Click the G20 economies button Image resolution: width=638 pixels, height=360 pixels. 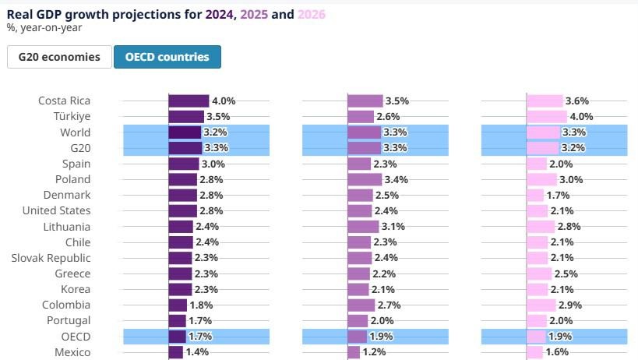click(x=59, y=57)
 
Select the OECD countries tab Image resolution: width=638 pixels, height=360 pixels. click(x=167, y=57)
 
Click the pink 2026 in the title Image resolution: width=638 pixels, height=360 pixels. click(x=312, y=14)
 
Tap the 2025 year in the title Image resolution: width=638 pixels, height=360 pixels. click(x=254, y=14)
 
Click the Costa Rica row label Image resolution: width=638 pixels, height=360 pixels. click(x=64, y=101)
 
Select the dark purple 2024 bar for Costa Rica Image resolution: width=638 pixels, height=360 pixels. click(x=189, y=101)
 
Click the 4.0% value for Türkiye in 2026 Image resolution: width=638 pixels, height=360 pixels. click(x=582, y=117)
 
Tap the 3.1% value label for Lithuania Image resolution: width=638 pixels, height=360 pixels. click(x=393, y=227)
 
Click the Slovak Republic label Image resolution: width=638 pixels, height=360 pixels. click(x=51, y=258)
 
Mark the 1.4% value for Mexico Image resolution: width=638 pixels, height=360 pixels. click(x=198, y=352)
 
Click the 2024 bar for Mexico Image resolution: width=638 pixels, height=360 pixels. click(x=176, y=352)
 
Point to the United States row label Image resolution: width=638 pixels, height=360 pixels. click(x=56, y=210)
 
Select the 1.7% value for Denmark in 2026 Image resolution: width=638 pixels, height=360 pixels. click(x=559, y=195)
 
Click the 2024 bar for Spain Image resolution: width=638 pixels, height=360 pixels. click(x=184, y=164)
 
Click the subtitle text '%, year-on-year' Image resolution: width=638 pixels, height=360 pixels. click(x=44, y=28)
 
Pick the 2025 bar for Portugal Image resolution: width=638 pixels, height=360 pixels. click(x=358, y=320)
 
